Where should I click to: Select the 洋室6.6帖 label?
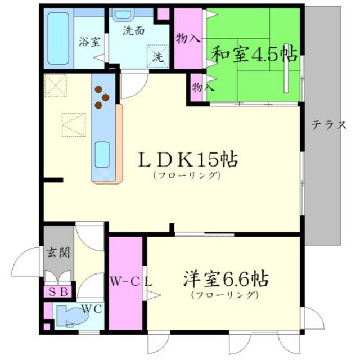[x=224, y=279]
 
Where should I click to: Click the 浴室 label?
[x=89, y=41]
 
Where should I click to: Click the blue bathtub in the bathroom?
[x=57, y=38]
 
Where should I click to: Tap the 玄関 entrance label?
[x=58, y=251]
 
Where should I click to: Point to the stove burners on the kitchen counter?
[x=101, y=96]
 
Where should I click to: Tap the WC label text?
[x=91, y=308]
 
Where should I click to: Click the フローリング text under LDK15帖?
[x=185, y=175]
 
